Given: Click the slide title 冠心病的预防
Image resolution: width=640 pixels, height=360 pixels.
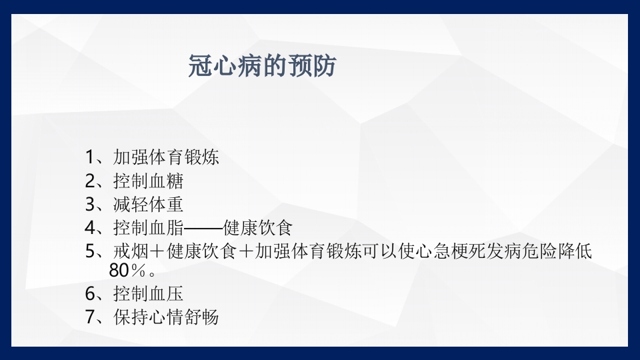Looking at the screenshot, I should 263,67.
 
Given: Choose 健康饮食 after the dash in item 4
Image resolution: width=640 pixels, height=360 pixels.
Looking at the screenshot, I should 258,227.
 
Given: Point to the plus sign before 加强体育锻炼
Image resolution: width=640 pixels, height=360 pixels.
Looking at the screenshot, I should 245,252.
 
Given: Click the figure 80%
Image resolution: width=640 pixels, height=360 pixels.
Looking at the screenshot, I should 127,271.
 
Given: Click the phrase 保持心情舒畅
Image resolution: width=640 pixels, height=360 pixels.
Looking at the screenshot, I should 166,317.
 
